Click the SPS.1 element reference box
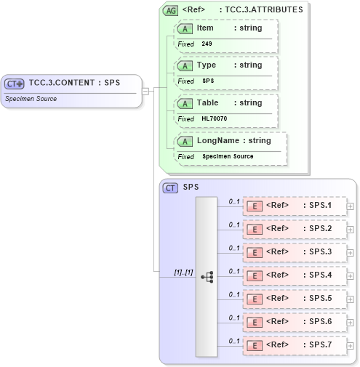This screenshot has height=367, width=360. click(294, 206)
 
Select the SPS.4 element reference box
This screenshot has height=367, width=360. click(294, 275)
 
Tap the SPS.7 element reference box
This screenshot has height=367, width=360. click(294, 345)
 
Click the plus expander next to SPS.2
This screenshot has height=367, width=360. click(351, 230)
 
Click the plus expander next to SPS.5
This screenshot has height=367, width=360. click(351, 299)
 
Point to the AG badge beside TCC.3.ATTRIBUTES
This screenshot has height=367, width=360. click(170, 10)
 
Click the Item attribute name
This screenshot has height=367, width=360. click(205, 28)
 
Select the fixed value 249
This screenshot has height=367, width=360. click(207, 44)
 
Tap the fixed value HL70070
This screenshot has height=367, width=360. click(214, 119)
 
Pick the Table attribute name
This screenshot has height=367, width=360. click(207, 103)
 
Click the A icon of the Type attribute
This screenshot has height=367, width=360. click(185, 65)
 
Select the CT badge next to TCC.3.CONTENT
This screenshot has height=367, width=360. click(15, 84)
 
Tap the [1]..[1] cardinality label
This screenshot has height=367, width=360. click(183, 272)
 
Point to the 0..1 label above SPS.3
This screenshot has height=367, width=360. click(234, 248)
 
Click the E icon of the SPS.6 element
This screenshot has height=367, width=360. click(255, 322)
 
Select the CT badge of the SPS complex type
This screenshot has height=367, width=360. click(170, 187)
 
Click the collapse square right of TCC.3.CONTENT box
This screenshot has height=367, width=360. click(145, 91)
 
